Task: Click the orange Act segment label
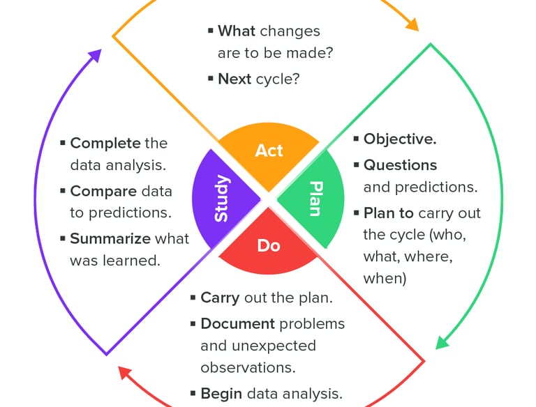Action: [x=269, y=151]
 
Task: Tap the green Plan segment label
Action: [x=316, y=199]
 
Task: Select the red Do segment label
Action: [x=269, y=245]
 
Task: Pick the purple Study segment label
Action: [x=221, y=199]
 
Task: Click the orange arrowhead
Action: [x=411, y=25]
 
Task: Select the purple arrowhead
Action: [x=95, y=56]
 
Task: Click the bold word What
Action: [x=237, y=31]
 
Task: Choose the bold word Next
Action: [x=234, y=79]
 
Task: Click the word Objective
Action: [x=400, y=139]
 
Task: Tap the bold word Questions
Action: [x=400, y=165]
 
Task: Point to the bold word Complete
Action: [x=105, y=143]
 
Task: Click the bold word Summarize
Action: [x=110, y=238]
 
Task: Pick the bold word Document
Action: [x=237, y=323]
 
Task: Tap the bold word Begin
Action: [x=221, y=393]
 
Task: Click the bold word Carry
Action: [x=220, y=298]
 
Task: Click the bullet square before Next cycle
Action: [x=211, y=79]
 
